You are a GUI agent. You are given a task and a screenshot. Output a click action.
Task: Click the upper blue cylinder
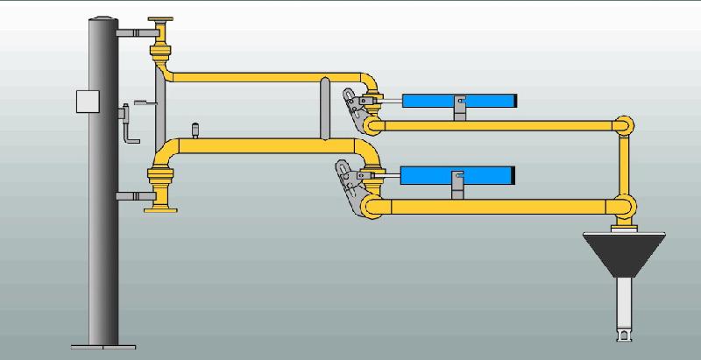coord(460,101)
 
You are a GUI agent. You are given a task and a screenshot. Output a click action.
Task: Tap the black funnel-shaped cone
coord(626,255)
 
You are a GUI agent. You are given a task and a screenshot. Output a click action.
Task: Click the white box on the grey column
coord(86,102)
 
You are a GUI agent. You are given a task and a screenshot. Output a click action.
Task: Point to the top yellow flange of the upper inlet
coord(162,20)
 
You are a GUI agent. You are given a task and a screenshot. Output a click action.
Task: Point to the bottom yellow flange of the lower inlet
coord(162,208)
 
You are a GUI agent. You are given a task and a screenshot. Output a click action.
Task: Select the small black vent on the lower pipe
coord(195,131)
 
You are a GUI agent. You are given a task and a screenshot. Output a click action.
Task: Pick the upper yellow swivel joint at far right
coord(624,124)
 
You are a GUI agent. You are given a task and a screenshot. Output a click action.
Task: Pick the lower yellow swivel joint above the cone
coord(624,207)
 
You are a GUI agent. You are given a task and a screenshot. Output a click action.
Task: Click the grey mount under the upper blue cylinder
coord(458,110)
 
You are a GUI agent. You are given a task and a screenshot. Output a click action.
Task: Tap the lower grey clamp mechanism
coord(350,180)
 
